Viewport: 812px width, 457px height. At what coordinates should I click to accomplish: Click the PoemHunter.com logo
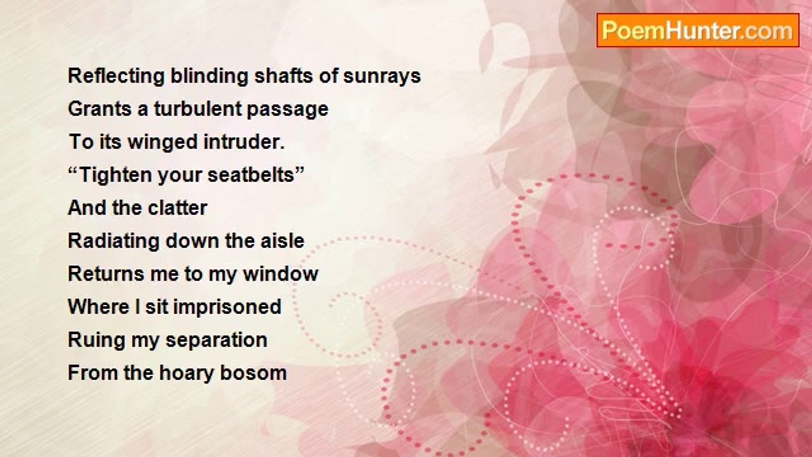[698, 30]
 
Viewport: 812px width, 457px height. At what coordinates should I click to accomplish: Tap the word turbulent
[197, 109]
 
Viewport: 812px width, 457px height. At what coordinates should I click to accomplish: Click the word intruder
[244, 142]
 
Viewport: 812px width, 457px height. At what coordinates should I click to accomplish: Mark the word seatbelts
[252, 175]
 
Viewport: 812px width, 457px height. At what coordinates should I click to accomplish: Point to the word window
[280, 274]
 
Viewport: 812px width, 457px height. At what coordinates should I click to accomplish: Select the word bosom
[253, 373]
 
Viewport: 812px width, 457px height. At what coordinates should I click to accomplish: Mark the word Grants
[100, 109]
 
